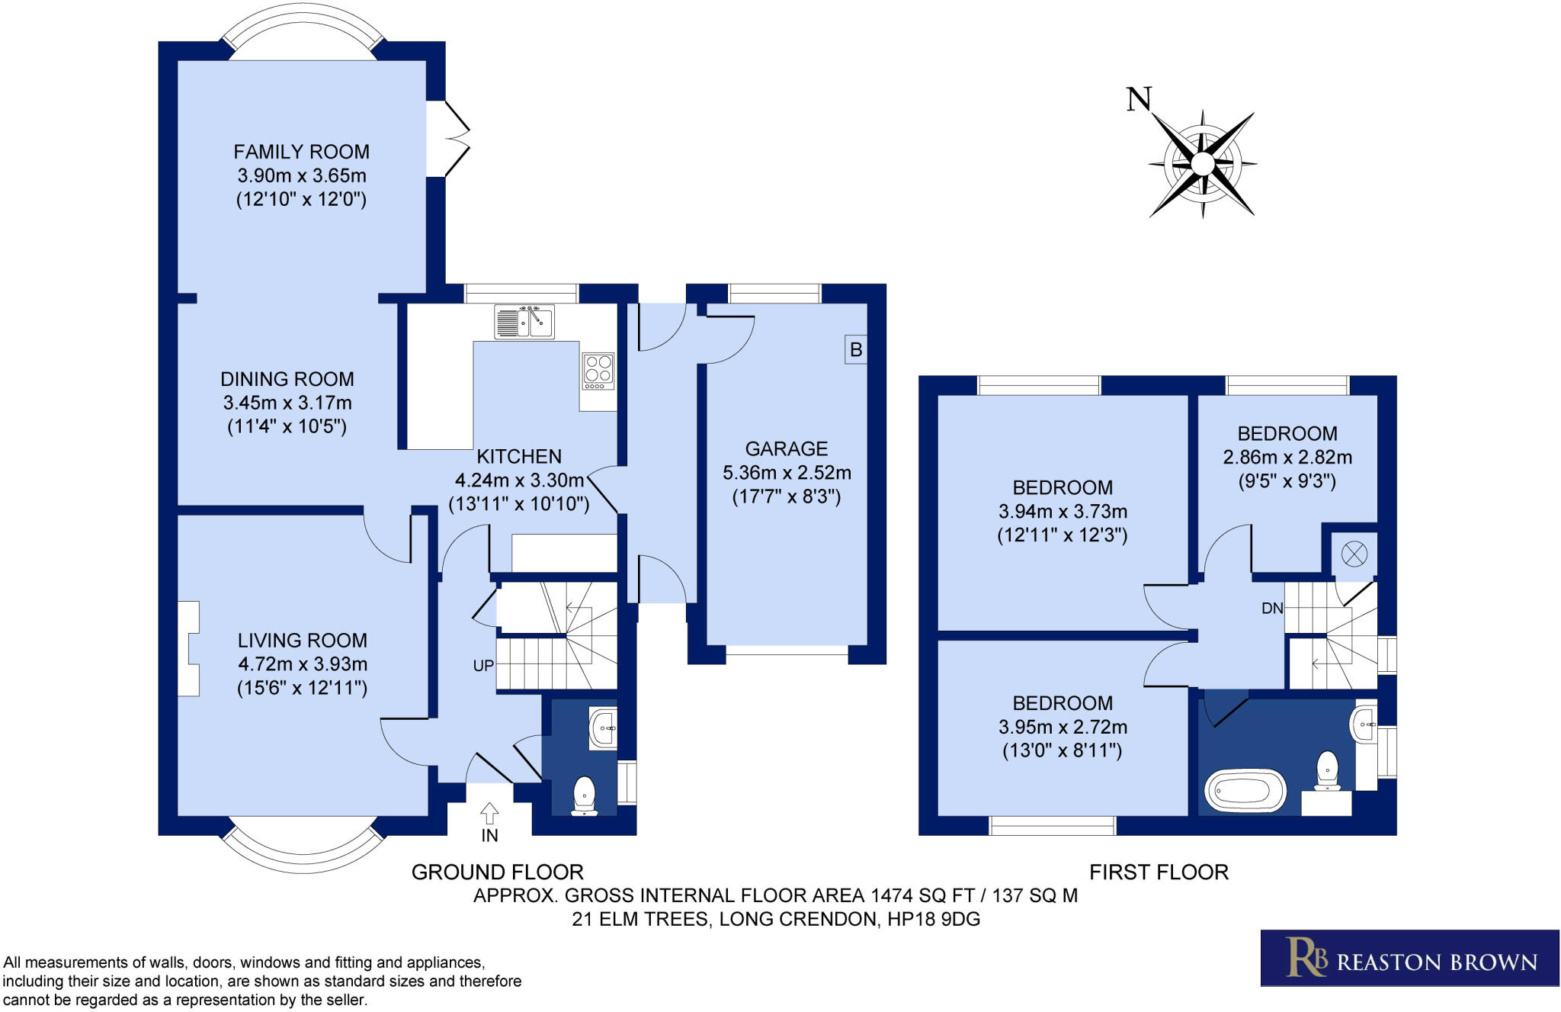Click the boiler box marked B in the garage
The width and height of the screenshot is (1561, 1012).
[856, 350]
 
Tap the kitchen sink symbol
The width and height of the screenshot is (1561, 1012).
[524, 322]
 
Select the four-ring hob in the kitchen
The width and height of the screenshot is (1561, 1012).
[598, 371]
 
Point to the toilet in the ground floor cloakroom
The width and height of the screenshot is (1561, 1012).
[585, 795]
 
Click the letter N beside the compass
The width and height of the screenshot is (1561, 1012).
[1139, 99]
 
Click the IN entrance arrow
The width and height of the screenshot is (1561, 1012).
[489, 814]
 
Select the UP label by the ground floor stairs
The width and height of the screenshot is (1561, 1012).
[483, 666]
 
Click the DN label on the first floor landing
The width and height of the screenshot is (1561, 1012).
[1272, 609]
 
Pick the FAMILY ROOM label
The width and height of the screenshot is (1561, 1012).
[301, 152]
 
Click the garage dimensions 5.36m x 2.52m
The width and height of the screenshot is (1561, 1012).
[787, 473]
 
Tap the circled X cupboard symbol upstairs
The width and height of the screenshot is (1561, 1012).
[1354, 554]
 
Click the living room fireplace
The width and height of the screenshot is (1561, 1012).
[188, 649]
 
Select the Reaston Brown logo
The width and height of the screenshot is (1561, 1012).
[1409, 958]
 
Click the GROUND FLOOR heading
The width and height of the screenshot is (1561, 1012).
[497, 872]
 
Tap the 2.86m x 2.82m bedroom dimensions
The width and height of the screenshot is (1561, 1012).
[1287, 458]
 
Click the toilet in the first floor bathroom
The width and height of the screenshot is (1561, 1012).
[1327, 771]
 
